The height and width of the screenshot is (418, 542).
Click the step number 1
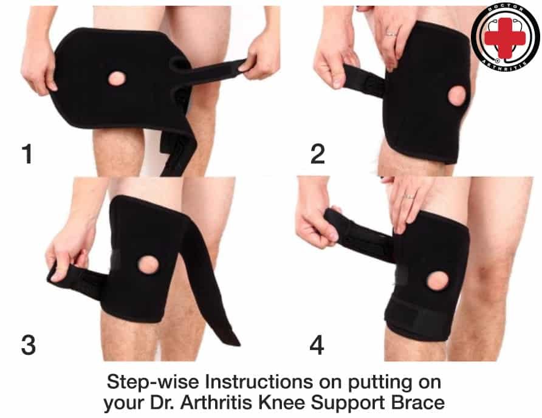tap(28, 154)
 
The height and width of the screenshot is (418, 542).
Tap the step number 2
tap(318, 154)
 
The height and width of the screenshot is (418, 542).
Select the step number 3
tap(29, 344)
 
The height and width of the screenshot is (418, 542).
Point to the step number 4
tap(317, 346)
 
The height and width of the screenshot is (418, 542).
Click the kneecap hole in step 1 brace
tap(117, 78)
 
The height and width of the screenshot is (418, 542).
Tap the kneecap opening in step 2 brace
tap(456, 96)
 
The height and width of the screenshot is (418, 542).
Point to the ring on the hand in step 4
tap(410, 196)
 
